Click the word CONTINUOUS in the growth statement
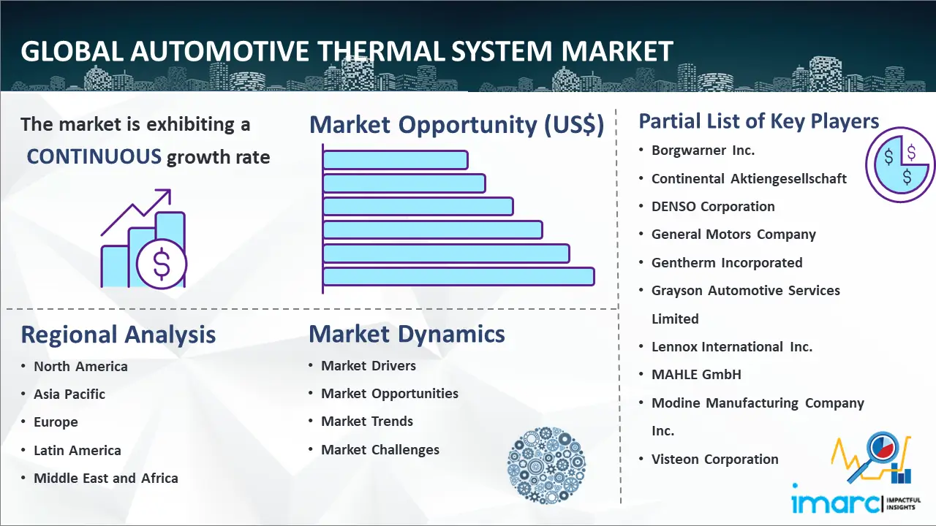(x=94, y=157)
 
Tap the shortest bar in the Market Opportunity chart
(x=396, y=160)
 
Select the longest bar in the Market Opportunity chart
(x=458, y=277)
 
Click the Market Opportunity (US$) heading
(x=457, y=125)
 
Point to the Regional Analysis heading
(x=118, y=335)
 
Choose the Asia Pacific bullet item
(x=69, y=394)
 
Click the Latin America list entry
(x=78, y=451)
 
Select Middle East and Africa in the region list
(x=106, y=478)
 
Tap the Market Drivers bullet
(x=368, y=366)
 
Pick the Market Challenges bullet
(x=380, y=449)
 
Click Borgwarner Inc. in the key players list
(x=703, y=150)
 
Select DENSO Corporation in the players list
(x=713, y=206)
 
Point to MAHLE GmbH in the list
(x=696, y=375)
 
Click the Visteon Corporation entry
(x=715, y=460)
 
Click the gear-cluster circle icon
(x=546, y=465)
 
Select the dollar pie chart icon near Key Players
(x=899, y=165)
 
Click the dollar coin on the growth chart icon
(x=162, y=264)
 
